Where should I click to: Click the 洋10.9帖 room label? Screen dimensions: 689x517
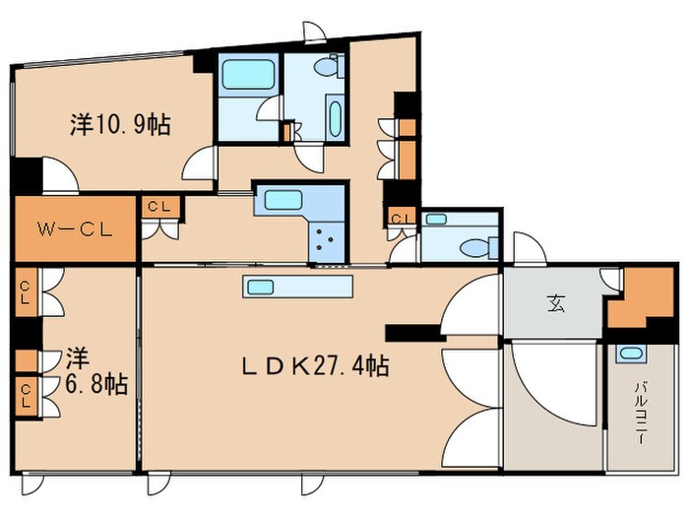[120, 124]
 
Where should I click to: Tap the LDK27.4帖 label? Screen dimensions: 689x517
[316, 365]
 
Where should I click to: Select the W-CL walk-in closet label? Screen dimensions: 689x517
[75, 229]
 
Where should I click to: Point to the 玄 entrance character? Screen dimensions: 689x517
[556, 303]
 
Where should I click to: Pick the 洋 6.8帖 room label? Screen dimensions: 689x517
[96, 371]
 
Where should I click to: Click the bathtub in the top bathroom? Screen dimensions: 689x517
[248, 74]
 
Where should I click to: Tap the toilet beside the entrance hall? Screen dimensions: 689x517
[478, 247]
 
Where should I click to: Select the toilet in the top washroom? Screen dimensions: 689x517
[328, 66]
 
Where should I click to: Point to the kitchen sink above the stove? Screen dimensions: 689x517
[283, 200]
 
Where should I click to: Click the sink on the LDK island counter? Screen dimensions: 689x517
[261, 288]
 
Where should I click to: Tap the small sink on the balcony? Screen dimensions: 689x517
[631, 353]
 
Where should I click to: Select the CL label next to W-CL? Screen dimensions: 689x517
[159, 206]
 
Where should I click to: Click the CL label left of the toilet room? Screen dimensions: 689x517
[402, 218]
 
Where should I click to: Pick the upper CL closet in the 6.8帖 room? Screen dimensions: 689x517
[25, 292]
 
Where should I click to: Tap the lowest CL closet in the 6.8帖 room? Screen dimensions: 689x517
[26, 396]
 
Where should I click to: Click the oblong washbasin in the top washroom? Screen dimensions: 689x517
[336, 119]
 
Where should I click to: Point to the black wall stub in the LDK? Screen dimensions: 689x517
[415, 333]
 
